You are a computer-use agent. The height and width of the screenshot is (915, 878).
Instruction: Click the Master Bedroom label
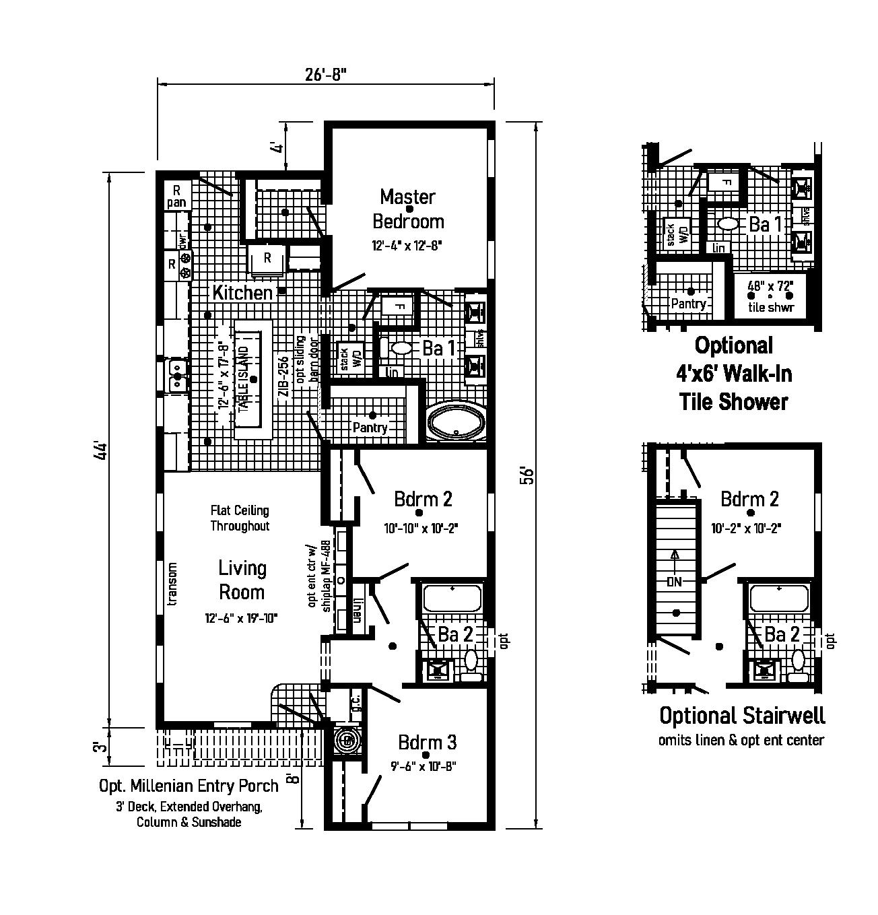point(408,209)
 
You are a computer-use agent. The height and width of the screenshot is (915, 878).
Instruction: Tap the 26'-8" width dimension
point(326,73)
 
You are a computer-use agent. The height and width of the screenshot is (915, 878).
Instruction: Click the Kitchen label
point(242,293)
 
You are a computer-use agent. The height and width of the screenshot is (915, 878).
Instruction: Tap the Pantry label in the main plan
point(370,428)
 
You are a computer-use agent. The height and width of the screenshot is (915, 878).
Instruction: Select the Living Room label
point(242,580)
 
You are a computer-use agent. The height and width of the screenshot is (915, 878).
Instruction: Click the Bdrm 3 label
point(427,742)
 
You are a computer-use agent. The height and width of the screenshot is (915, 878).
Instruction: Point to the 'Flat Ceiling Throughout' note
point(240,518)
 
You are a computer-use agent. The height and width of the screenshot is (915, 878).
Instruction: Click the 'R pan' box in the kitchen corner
point(176,196)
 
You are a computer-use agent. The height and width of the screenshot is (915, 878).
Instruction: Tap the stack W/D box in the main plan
point(345,358)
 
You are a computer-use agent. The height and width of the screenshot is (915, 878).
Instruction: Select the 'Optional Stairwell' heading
point(741,715)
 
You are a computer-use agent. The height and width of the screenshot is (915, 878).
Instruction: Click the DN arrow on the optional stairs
point(675,581)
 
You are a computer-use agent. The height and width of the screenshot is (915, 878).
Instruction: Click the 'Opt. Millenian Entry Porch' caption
point(189,786)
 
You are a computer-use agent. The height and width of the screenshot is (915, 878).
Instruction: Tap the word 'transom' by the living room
point(172,584)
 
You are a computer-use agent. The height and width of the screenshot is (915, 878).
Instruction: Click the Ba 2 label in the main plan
point(455,634)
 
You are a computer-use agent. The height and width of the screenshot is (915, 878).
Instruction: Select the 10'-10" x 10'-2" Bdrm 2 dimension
point(421,529)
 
